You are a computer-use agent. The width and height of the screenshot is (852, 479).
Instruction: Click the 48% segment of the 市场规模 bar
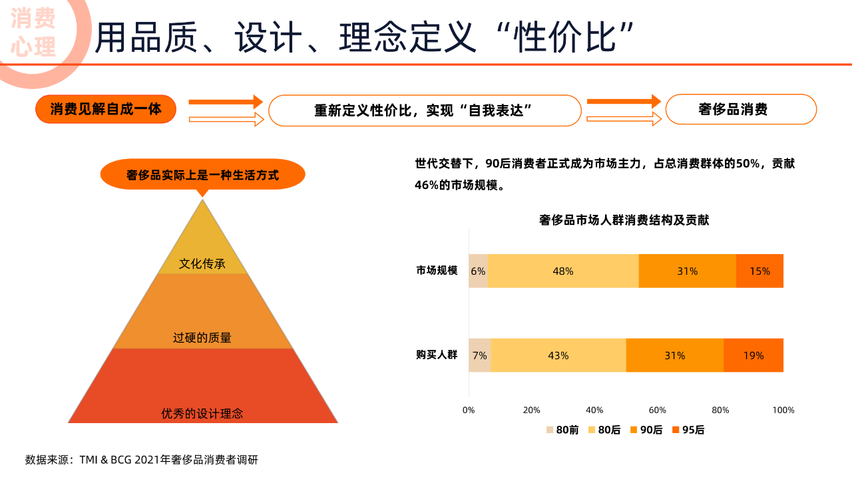tap(563, 271)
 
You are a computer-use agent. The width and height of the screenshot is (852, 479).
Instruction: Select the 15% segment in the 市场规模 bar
tap(759, 271)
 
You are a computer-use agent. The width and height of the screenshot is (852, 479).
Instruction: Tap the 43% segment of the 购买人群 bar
tap(558, 356)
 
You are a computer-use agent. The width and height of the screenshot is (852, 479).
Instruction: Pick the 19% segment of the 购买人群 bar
tap(753, 356)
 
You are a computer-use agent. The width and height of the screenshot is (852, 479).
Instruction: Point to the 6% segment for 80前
tap(478, 271)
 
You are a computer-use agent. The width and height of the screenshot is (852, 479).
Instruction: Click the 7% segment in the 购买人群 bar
tap(479, 356)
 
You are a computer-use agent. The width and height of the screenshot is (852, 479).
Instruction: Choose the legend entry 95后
tap(688, 430)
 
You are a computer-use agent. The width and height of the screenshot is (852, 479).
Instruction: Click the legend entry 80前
tap(562, 430)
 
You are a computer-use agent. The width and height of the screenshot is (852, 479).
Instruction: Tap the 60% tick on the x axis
tap(658, 410)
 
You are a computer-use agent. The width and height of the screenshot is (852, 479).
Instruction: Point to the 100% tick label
tap(783, 410)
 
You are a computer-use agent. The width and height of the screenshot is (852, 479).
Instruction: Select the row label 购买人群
tap(437, 355)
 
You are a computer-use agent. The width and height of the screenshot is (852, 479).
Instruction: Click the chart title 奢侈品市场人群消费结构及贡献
tap(624, 220)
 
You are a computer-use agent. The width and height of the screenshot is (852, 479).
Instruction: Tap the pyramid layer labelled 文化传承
tap(202, 263)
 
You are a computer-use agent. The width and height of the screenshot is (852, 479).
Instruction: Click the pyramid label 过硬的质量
tap(202, 338)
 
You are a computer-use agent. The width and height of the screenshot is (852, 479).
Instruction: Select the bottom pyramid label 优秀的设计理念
tap(202, 414)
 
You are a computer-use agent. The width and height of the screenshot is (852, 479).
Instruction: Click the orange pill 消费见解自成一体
tap(106, 109)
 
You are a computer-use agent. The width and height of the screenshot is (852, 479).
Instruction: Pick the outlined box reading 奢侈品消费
tap(741, 109)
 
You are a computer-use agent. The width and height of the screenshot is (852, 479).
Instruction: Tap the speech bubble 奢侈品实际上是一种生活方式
tap(202, 176)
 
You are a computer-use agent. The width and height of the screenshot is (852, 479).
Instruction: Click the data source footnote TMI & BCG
tap(142, 460)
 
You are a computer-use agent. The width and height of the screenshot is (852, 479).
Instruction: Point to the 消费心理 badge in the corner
tap(33, 33)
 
